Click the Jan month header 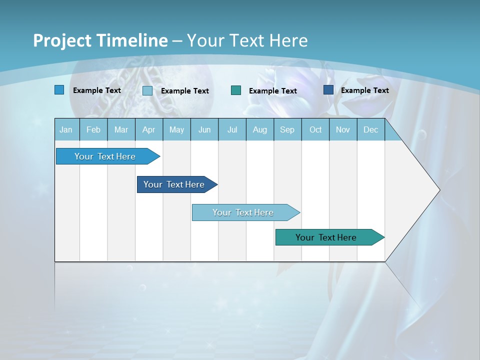[66, 129]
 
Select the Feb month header [93, 129]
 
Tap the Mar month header [121, 129]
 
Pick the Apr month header [148, 129]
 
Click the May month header [176, 129]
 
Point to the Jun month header [204, 129]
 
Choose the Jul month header [232, 129]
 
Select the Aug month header [259, 129]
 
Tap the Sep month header [287, 129]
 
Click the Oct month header [315, 129]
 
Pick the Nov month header [343, 129]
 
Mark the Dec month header [370, 129]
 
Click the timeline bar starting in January [105, 156]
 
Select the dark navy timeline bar [174, 184]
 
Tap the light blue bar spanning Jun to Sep [243, 212]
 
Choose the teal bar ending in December [326, 237]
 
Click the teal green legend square [236, 90]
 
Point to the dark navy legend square [328, 90]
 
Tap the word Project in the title [62, 40]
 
